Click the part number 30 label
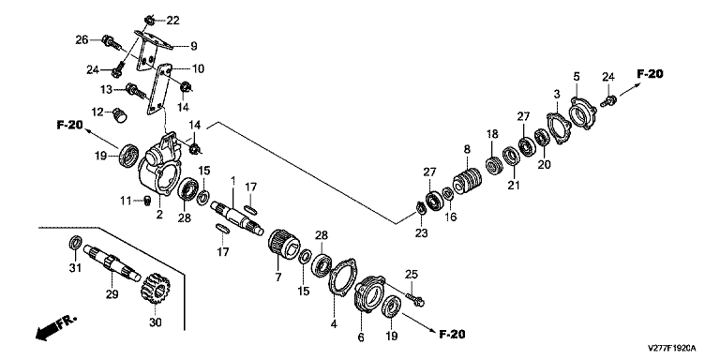point(156,322)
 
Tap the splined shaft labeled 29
point(112,262)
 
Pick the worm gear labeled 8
point(468,183)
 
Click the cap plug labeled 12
point(120,115)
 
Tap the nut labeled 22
point(149,20)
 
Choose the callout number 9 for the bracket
point(193,46)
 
